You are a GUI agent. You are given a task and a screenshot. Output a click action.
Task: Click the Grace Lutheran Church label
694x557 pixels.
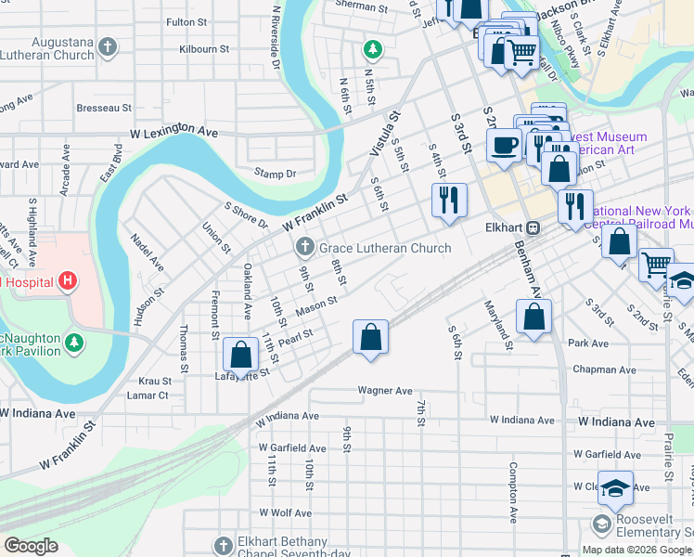(385, 248)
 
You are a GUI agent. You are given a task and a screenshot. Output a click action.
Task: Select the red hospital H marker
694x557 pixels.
(66, 280)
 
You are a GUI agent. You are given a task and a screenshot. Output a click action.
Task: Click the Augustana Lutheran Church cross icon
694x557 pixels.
(109, 46)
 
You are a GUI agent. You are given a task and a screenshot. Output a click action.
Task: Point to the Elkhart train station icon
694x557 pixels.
(533, 227)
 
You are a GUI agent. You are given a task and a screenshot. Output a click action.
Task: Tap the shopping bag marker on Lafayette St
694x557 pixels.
(240, 356)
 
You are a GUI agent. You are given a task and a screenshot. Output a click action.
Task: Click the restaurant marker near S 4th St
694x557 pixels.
(448, 200)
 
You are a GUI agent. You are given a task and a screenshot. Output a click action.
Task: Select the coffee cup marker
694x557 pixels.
(504, 146)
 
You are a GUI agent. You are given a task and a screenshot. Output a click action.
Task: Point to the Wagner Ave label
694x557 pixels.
(385, 391)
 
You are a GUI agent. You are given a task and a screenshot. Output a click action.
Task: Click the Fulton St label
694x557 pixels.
(185, 21)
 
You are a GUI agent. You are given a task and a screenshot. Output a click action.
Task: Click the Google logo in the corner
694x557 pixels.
(31, 546)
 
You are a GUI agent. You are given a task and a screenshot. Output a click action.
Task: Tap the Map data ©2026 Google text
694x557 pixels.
(636, 550)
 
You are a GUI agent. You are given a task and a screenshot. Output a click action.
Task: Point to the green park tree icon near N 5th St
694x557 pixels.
(373, 47)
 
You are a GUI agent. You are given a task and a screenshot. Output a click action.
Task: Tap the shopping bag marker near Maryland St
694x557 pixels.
(533, 318)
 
